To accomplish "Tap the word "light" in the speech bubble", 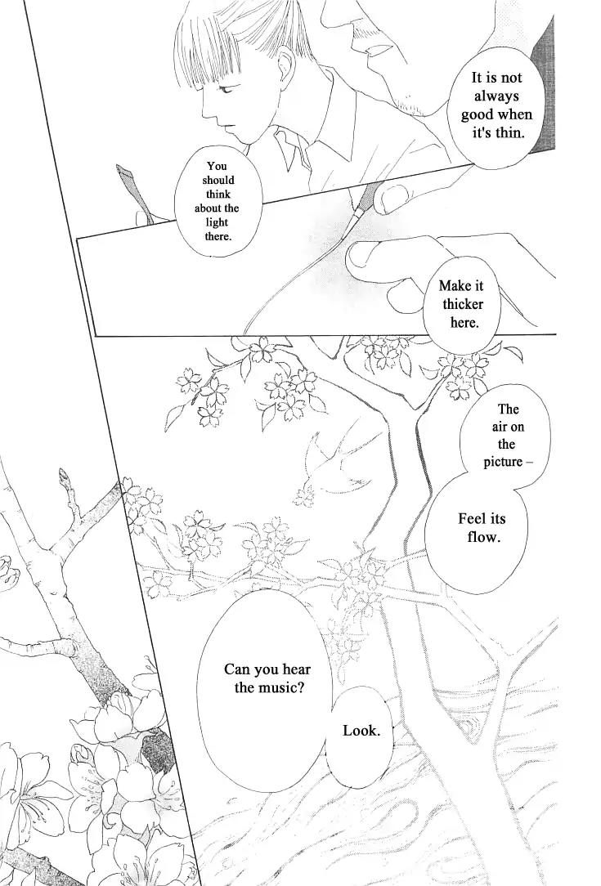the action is (x=218, y=222).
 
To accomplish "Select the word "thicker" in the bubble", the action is (x=463, y=305).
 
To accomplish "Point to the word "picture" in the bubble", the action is (x=503, y=462).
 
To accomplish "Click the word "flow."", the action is (x=483, y=536).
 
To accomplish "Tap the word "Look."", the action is (x=361, y=731).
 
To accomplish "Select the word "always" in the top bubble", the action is (x=496, y=96).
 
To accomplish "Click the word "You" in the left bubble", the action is (x=217, y=166).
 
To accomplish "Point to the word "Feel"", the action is (x=473, y=518).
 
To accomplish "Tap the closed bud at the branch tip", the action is (x=63, y=477).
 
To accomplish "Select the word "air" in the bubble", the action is (x=500, y=427).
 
